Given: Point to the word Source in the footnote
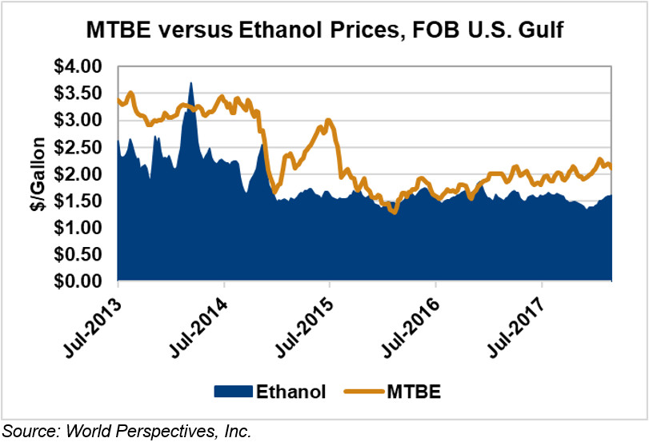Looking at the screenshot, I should coord(30,431).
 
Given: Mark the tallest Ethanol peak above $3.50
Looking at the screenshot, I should coord(190,82).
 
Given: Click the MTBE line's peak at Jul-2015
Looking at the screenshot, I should coord(328,121).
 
